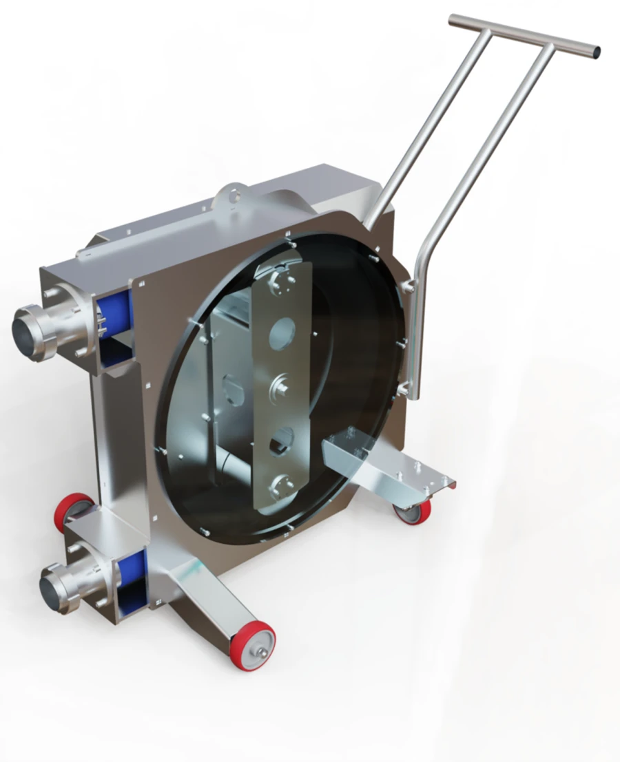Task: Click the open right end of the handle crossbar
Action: pyautogui.click(x=595, y=51)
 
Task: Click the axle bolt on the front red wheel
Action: pyautogui.click(x=262, y=646)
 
